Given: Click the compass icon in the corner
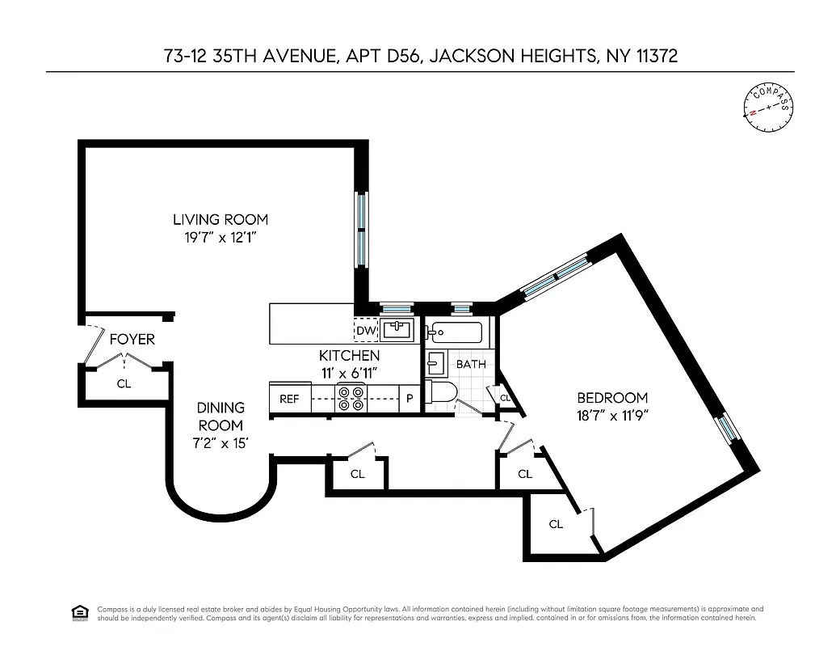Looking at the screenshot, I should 767,108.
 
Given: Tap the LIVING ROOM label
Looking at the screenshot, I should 221,219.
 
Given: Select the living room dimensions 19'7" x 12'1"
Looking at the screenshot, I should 221,238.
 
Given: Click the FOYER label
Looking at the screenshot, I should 132,340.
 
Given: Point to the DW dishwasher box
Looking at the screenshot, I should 365,330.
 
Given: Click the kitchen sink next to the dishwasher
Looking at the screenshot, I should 397,330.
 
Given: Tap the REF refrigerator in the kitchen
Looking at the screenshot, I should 289,399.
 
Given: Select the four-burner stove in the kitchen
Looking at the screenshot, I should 351,399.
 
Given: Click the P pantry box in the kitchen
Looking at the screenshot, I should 410,399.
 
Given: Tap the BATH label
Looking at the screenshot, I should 471,364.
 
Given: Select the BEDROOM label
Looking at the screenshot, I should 612,398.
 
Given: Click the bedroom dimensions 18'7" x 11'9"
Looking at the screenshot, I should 612,417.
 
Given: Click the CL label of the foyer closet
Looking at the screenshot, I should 124,384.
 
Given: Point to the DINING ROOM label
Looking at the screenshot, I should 221,417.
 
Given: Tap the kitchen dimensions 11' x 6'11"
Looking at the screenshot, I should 349,373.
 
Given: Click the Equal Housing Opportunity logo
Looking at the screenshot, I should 79,612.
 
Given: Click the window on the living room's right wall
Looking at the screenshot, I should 363,230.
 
